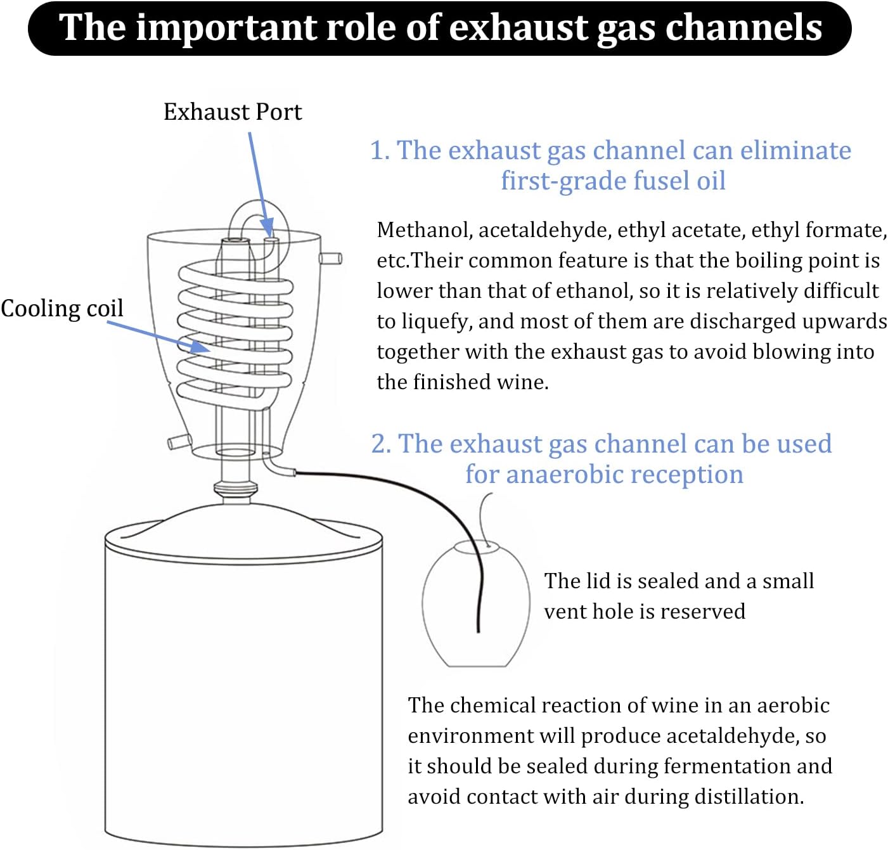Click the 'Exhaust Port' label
pos(233,112)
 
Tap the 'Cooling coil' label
pos(62,309)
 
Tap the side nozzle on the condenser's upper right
pos(331,258)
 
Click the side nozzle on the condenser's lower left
pos(179,441)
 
